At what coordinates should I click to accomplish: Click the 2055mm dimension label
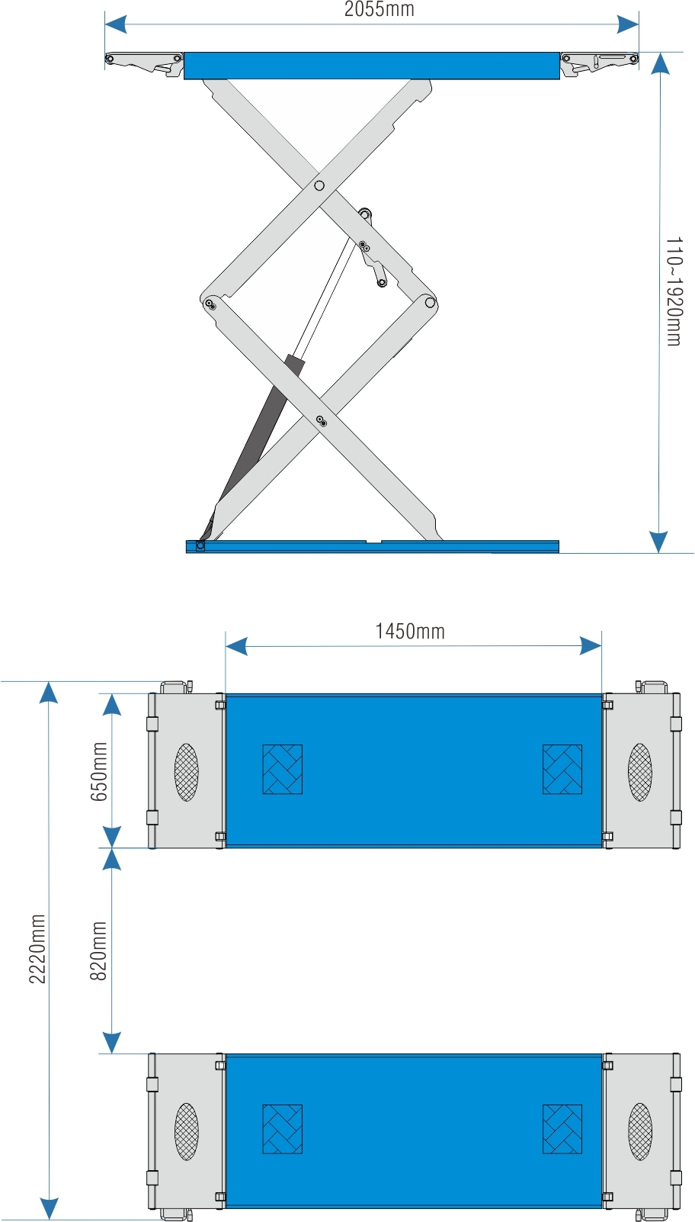coord(380,9)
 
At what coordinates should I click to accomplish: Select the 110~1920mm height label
coord(674,291)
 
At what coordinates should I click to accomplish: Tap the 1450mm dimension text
coord(410,631)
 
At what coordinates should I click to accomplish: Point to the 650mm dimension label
coord(98,771)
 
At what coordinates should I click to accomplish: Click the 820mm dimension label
coord(98,951)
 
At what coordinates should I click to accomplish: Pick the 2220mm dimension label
coord(37,949)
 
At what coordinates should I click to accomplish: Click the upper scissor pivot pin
coord(319,185)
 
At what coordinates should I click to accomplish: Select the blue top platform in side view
coord(372,66)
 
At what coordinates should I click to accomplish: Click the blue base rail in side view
coord(373,546)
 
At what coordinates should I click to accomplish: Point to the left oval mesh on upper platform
coord(187,772)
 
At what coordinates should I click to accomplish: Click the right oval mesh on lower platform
coord(640,1131)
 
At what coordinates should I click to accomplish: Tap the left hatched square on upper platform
coord(283,769)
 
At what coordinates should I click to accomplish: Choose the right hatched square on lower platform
coord(562,1129)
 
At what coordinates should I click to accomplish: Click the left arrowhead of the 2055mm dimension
coord(116,24)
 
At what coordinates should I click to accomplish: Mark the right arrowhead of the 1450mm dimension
coord(591,646)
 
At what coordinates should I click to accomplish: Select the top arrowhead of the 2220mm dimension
coord(49,692)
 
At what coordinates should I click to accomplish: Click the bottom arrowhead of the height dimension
coord(660,542)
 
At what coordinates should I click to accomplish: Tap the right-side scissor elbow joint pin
coord(430,302)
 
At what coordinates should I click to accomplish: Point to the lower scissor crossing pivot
coord(321,420)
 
